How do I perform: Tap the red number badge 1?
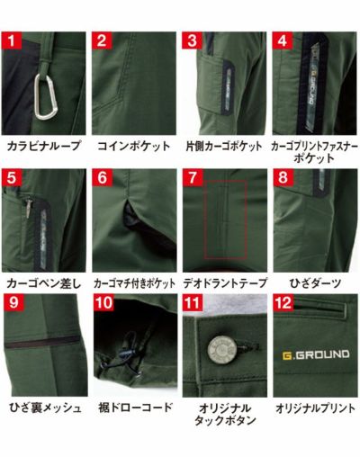pyautogui.click(x=12, y=40)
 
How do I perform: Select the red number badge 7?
pyautogui.click(x=191, y=176)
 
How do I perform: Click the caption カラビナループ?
pyautogui.click(x=43, y=145)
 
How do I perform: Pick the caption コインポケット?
pyautogui.click(x=133, y=145)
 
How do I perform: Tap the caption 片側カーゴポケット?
pyautogui.click(x=223, y=145)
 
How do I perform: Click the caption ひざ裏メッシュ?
pyautogui.click(x=44, y=408)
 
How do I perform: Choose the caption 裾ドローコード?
pyautogui.click(x=133, y=408)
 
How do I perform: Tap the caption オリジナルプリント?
pyautogui.click(x=314, y=408)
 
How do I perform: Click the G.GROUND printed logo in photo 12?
pyautogui.click(x=312, y=357)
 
